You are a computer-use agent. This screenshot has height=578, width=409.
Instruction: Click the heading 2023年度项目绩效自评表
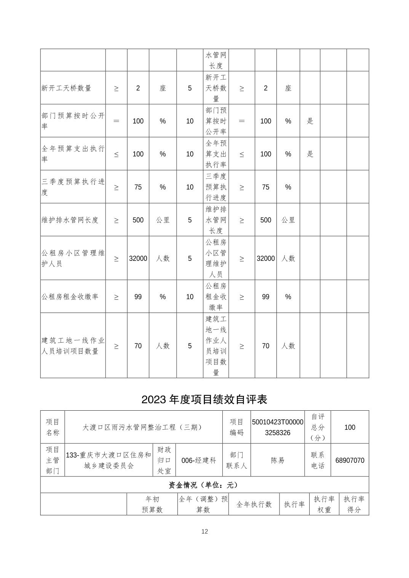204,399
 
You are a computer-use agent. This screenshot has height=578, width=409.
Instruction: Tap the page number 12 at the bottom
204,531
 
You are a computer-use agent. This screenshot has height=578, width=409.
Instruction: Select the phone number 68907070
350,460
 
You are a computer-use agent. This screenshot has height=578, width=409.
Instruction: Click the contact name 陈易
278,460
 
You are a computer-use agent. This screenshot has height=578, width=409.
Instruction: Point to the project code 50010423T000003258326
278,427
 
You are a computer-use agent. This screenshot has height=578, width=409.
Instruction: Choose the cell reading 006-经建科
199,460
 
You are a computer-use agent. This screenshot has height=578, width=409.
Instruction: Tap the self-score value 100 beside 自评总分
350,427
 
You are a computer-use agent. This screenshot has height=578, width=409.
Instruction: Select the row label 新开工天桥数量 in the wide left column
66,88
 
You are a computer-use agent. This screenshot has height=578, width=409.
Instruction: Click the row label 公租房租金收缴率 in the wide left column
70,297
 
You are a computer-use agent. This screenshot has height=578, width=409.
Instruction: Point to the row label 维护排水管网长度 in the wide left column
70,220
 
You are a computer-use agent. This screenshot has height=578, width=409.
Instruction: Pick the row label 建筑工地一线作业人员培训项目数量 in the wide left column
73,346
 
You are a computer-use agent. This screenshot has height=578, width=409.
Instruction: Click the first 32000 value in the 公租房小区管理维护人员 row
138,258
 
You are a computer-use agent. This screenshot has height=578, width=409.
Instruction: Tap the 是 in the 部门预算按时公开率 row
310,121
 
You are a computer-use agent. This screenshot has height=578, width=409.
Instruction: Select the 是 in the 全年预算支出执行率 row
310,154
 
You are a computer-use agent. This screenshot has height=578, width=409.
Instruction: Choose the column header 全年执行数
254,504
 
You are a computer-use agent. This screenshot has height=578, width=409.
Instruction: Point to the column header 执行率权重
324,504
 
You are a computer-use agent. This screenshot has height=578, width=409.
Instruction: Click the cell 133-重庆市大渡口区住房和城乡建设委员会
109,460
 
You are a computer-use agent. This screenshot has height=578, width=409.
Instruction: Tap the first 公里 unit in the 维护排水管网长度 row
163,220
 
